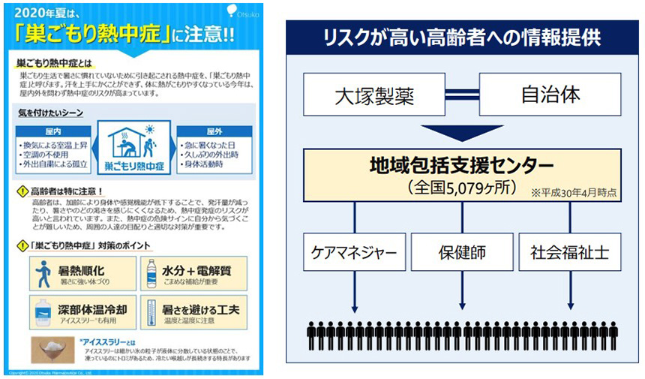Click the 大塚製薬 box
pos(374,95)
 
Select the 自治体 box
pos(550,95)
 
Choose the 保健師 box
pos(462,252)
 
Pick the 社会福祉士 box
pos(570,252)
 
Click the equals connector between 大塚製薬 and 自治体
pos(463,95)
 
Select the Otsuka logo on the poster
pos(245,11)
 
